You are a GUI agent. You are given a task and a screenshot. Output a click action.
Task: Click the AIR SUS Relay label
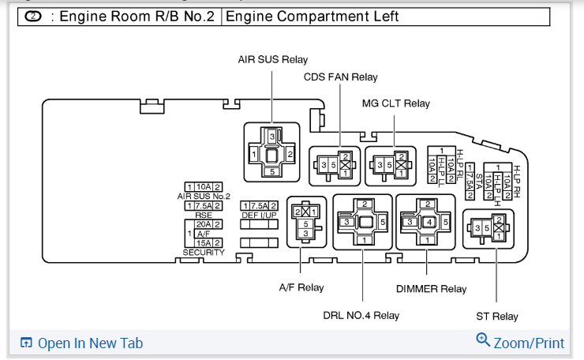[x=273, y=59]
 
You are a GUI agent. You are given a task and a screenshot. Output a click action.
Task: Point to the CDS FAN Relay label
[x=341, y=77]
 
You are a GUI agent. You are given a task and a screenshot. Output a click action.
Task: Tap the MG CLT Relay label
[x=396, y=103]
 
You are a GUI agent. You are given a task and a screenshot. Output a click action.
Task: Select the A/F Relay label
[x=301, y=287]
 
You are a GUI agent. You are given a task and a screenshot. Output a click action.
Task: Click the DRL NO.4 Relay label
[x=361, y=316]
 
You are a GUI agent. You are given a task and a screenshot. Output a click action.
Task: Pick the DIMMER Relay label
[x=431, y=289]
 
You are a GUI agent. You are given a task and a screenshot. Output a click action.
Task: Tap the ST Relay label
[x=497, y=317]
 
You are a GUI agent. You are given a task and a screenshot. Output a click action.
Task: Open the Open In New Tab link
[x=82, y=343]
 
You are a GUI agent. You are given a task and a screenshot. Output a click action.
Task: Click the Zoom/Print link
[x=521, y=343]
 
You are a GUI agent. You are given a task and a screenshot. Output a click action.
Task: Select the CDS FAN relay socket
[x=335, y=164]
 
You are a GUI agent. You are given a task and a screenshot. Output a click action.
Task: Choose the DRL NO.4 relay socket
[x=362, y=222]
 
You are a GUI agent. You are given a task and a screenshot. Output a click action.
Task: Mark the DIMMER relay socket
[x=425, y=222]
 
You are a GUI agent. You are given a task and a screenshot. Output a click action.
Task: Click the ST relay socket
[x=488, y=229]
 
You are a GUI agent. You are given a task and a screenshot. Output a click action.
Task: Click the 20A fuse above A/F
[x=204, y=224]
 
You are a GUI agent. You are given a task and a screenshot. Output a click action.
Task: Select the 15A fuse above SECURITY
[x=204, y=243]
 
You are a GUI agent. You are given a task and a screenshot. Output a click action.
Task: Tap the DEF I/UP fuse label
[x=260, y=215]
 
